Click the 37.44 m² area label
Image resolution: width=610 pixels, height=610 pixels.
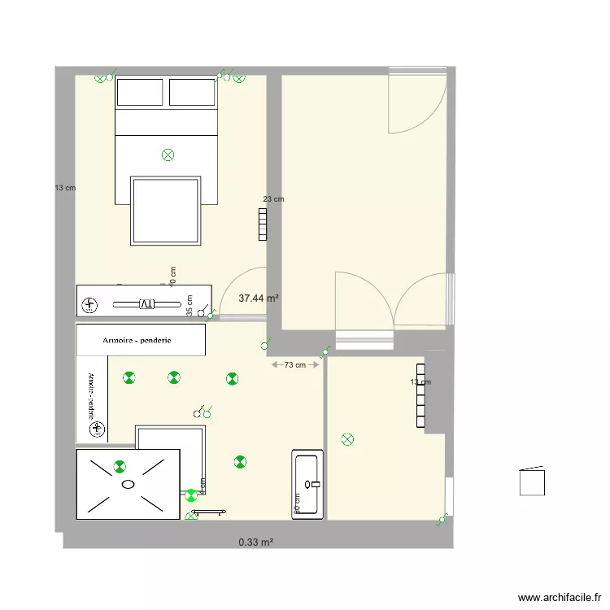259,298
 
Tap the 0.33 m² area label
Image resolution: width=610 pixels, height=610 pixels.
255,542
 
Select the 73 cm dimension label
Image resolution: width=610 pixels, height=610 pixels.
294,365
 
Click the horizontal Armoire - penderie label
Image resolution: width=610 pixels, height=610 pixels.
142,341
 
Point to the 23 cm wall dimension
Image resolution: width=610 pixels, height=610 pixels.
274,199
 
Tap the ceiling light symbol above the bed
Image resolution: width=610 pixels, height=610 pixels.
168,154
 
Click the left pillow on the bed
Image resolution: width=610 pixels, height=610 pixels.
140,92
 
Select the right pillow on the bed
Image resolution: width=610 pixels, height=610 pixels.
192,92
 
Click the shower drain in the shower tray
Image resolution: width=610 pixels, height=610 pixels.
128,484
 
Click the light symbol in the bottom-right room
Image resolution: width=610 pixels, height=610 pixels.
348,440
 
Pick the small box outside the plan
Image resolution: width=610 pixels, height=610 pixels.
533,481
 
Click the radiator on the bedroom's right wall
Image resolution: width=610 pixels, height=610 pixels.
262,224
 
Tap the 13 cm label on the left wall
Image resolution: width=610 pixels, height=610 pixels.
65,188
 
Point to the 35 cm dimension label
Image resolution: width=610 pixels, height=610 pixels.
190,305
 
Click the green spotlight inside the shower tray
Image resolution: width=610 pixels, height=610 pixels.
120,466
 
